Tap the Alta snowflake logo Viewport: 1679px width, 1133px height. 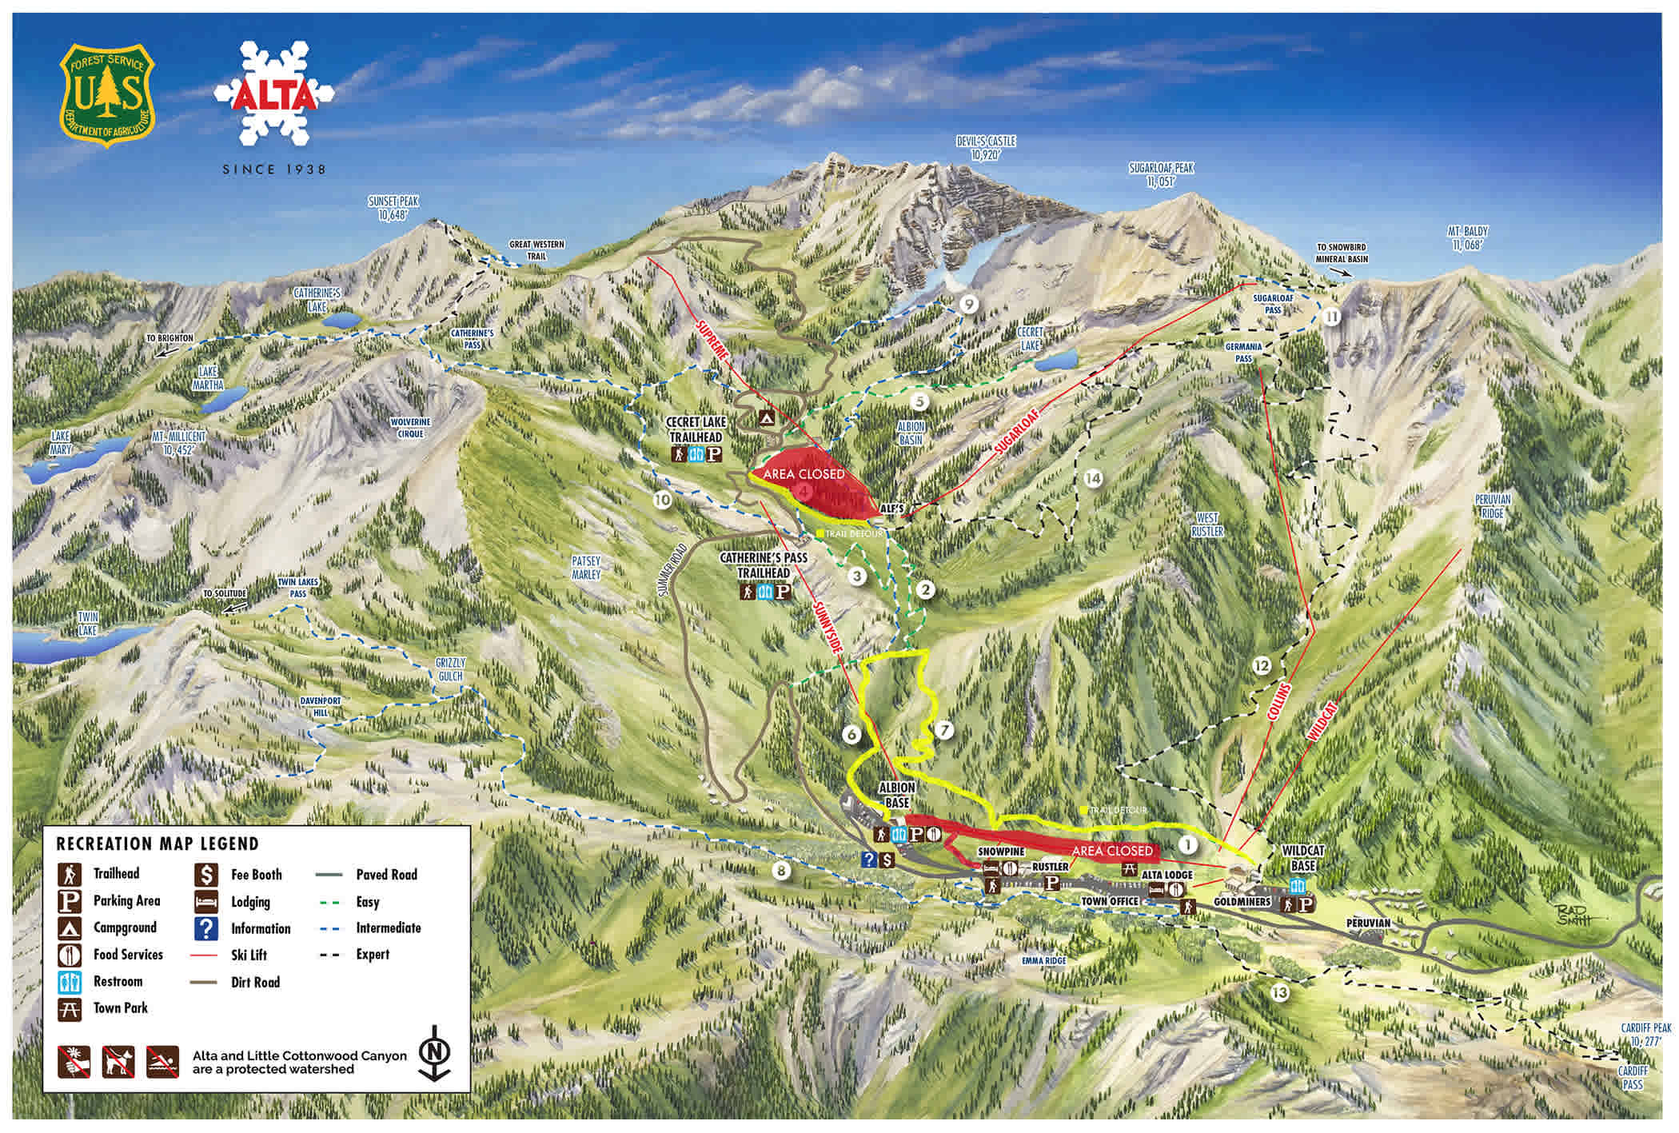(x=274, y=94)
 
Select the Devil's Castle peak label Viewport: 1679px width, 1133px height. (x=986, y=148)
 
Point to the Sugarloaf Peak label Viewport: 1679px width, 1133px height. (x=1161, y=174)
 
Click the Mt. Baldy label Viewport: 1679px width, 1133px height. (x=1467, y=238)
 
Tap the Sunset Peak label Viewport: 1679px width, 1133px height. (x=393, y=208)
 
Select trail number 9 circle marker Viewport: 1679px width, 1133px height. (x=969, y=305)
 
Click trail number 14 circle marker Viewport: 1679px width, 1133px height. (x=1092, y=478)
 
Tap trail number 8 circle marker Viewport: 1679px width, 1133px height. (x=781, y=872)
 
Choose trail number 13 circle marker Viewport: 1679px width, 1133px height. (x=1279, y=992)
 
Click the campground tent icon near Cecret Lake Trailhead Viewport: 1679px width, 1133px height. (x=765, y=417)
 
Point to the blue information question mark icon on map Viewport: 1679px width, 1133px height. (x=870, y=860)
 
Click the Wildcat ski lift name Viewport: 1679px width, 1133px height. (x=1322, y=721)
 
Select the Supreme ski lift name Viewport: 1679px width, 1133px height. (x=713, y=342)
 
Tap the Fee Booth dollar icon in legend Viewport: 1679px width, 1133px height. (x=206, y=874)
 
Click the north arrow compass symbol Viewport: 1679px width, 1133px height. (x=434, y=1052)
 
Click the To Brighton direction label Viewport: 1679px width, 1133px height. (x=169, y=338)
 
